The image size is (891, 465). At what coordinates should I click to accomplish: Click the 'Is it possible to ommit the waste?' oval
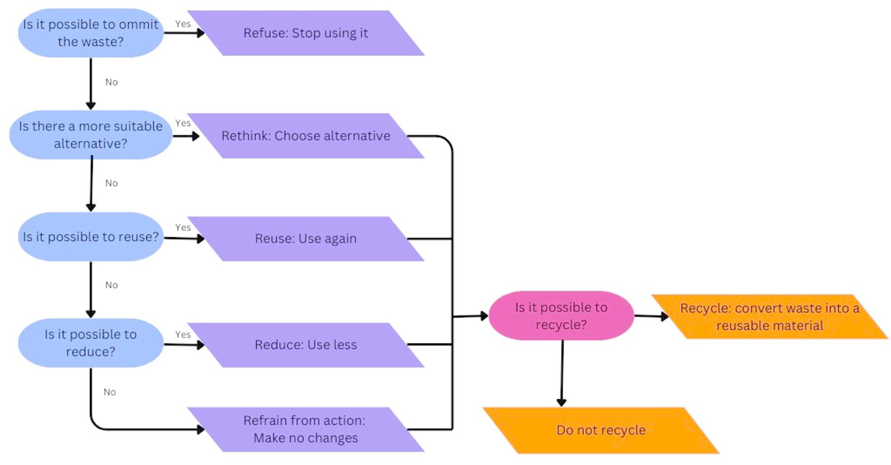91,33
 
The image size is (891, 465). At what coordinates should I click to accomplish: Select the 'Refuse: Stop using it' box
306,33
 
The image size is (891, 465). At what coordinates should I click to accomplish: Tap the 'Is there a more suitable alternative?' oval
91,135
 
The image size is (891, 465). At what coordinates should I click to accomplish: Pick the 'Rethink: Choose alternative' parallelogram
306,136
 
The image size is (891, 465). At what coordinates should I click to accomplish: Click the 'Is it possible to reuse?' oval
91,237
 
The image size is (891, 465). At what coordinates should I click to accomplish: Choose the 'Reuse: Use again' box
306,239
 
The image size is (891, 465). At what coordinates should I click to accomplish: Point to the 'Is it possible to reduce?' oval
91,343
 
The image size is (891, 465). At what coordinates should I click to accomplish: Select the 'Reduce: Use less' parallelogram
306,345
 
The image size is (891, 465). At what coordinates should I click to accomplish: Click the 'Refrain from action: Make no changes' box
306,429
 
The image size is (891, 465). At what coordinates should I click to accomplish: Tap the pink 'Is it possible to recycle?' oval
561,316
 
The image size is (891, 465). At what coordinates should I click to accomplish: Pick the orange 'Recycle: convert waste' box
769,317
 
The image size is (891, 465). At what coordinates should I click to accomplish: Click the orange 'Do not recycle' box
601,430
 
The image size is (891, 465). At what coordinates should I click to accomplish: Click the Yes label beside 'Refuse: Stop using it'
183,24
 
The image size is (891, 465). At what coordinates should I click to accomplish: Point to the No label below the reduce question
110,392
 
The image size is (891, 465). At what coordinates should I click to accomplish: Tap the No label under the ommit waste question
111,82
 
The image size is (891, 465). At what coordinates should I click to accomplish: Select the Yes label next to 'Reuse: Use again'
183,227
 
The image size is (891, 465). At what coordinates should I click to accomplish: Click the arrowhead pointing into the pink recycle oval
485,316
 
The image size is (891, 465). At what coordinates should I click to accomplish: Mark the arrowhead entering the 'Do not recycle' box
561,402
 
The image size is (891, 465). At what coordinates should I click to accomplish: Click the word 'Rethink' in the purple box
246,136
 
